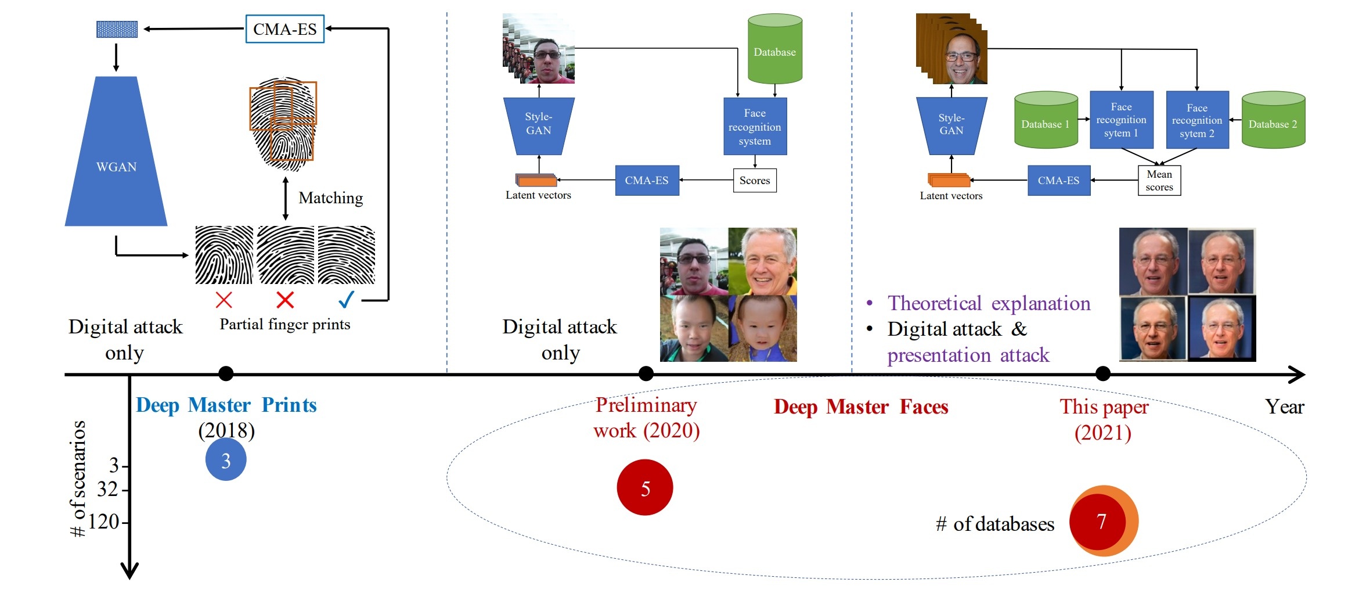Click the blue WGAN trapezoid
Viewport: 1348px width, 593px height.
click(x=116, y=151)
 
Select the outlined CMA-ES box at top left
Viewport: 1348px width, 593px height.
click(x=285, y=29)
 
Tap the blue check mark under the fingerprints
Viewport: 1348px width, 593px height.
click(x=347, y=299)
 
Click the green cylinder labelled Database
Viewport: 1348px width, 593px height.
click(x=775, y=49)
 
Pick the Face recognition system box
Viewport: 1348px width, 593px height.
click(x=755, y=127)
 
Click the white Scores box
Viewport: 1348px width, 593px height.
click(x=755, y=181)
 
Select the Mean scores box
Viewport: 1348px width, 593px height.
click(x=1159, y=181)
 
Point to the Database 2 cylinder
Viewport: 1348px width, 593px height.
click(x=1273, y=120)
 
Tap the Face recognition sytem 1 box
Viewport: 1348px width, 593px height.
click(x=1121, y=120)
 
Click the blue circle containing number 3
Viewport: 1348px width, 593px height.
click(x=226, y=460)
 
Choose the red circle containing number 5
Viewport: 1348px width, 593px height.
click(x=645, y=487)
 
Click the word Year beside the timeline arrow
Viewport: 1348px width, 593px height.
click(x=1285, y=407)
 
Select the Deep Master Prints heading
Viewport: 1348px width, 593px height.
click(x=226, y=405)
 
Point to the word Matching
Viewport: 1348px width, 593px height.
click(x=331, y=198)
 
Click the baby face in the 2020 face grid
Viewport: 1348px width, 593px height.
click(x=763, y=328)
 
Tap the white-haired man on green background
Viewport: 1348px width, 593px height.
click(x=763, y=261)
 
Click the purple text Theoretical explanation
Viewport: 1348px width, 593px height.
click(x=989, y=303)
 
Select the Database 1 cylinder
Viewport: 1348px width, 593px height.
click(x=1046, y=120)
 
